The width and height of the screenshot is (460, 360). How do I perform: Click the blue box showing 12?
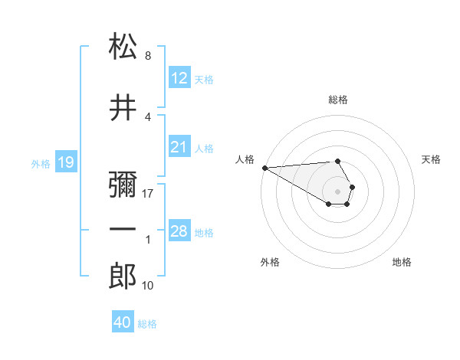pos(179,78)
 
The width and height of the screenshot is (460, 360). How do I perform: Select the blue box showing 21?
pos(179,147)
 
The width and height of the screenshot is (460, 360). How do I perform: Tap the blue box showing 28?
pos(179,231)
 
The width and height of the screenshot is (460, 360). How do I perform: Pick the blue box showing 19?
pos(65,162)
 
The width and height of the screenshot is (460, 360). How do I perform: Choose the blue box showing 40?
pos(123,322)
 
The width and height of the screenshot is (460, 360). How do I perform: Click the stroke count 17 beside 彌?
pos(148,194)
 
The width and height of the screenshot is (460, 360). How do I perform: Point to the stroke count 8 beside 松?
pos(147,56)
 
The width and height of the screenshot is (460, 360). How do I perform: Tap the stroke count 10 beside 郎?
pos(147,286)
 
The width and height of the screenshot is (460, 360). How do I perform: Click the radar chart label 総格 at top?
pos(338,100)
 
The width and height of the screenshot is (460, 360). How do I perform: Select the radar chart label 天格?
pos(432,159)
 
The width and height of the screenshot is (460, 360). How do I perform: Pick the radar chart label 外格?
pos(270,262)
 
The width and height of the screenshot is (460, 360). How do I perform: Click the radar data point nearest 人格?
pos(264,168)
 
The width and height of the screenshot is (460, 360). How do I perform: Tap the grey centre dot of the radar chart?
pos(338,191)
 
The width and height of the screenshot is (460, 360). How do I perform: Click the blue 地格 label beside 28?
pos(204,232)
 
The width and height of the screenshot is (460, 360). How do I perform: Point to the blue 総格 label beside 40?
pos(147,324)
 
